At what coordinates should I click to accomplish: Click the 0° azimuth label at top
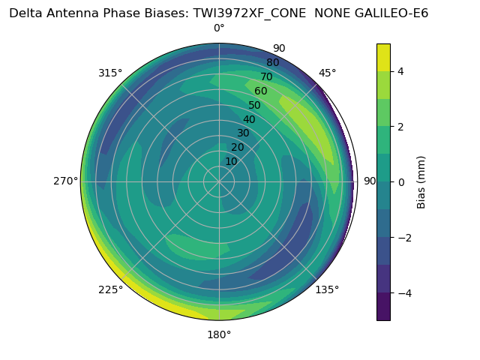[x=219, y=28]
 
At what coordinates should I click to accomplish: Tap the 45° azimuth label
[x=327, y=73]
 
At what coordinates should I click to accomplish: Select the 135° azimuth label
[x=327, y=289]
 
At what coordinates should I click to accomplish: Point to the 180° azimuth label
[x=219, y=334]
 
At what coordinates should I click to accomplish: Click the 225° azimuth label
[x=110, y=289]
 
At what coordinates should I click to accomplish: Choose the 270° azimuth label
[x=66, y=181]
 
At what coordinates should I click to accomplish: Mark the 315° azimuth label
[x=110, y=73]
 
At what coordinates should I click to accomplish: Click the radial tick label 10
[x=231, y=161]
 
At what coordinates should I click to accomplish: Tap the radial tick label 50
[x=255, y=105]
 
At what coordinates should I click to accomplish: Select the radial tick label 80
[x=273, y=63]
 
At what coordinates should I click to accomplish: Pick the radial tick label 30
[x=243, y=133]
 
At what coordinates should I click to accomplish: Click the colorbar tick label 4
[x=401, y=71]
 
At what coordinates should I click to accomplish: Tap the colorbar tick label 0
[x=401, y=181]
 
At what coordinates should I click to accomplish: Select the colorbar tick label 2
[x=401, y=127]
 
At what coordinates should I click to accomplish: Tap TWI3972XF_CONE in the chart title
[x=247, y=13]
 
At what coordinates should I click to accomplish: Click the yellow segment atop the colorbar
[x=383, y=57]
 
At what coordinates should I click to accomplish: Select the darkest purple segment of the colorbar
[x=383, y=307]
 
